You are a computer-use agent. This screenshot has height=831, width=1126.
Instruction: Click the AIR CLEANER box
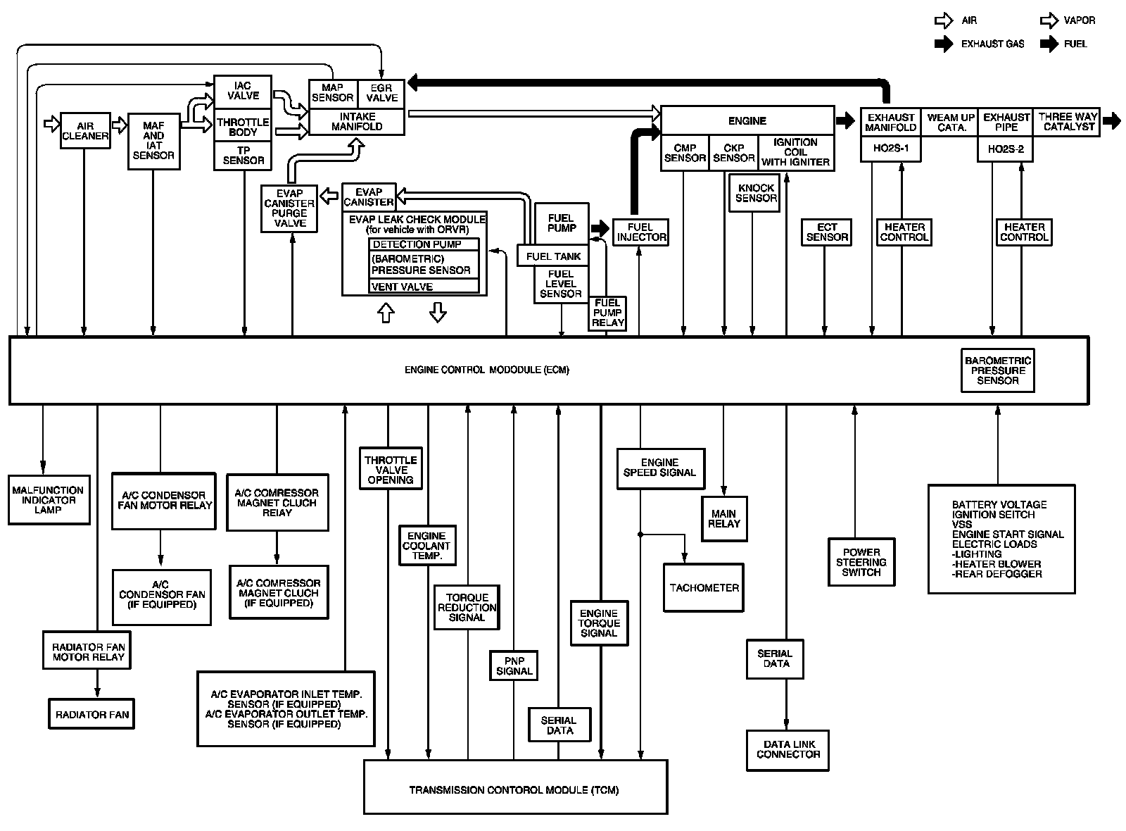(x=85, y=131)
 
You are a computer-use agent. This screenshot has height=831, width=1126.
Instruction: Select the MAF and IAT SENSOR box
(x=153, y=141)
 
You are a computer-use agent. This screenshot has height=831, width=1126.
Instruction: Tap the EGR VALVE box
(x=381, y=94)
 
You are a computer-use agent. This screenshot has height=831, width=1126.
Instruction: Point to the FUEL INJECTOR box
(x=640, y=232)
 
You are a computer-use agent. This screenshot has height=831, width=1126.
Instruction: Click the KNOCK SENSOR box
(x=756, y=193)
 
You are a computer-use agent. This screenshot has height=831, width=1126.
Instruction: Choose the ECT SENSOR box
(x=826, y=232)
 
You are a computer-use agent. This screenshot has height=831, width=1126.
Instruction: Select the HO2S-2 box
(x=1005, y=149)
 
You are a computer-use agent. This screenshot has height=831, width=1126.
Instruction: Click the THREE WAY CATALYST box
(x=1068, y=123)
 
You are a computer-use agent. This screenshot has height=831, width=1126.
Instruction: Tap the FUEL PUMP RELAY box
(x=607, y=313)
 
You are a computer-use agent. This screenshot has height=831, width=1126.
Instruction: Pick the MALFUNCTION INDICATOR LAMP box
(x=49, y=500)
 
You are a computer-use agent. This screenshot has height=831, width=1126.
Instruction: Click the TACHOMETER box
(x=704, y=587)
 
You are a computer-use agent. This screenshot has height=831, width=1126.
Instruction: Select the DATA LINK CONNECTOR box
(x=787, y=749)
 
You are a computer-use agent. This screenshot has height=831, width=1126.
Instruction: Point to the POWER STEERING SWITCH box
(x=861, y=562)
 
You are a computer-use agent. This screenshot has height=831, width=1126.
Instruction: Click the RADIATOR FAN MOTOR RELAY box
(x=88, y=652)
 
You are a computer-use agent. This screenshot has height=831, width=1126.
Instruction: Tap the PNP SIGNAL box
(x=514, y=666)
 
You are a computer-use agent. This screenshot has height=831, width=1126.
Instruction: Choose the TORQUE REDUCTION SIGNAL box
(x=467, y=607)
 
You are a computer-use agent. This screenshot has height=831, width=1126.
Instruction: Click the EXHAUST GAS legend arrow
(x=943, y=44)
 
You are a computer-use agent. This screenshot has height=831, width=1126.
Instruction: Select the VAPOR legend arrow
(x=1049, y=20)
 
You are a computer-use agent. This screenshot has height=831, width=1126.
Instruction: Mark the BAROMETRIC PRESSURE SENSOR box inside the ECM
(x=997, y=370)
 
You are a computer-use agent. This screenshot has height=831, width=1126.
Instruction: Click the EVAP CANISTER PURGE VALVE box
(x=289, y=208)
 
